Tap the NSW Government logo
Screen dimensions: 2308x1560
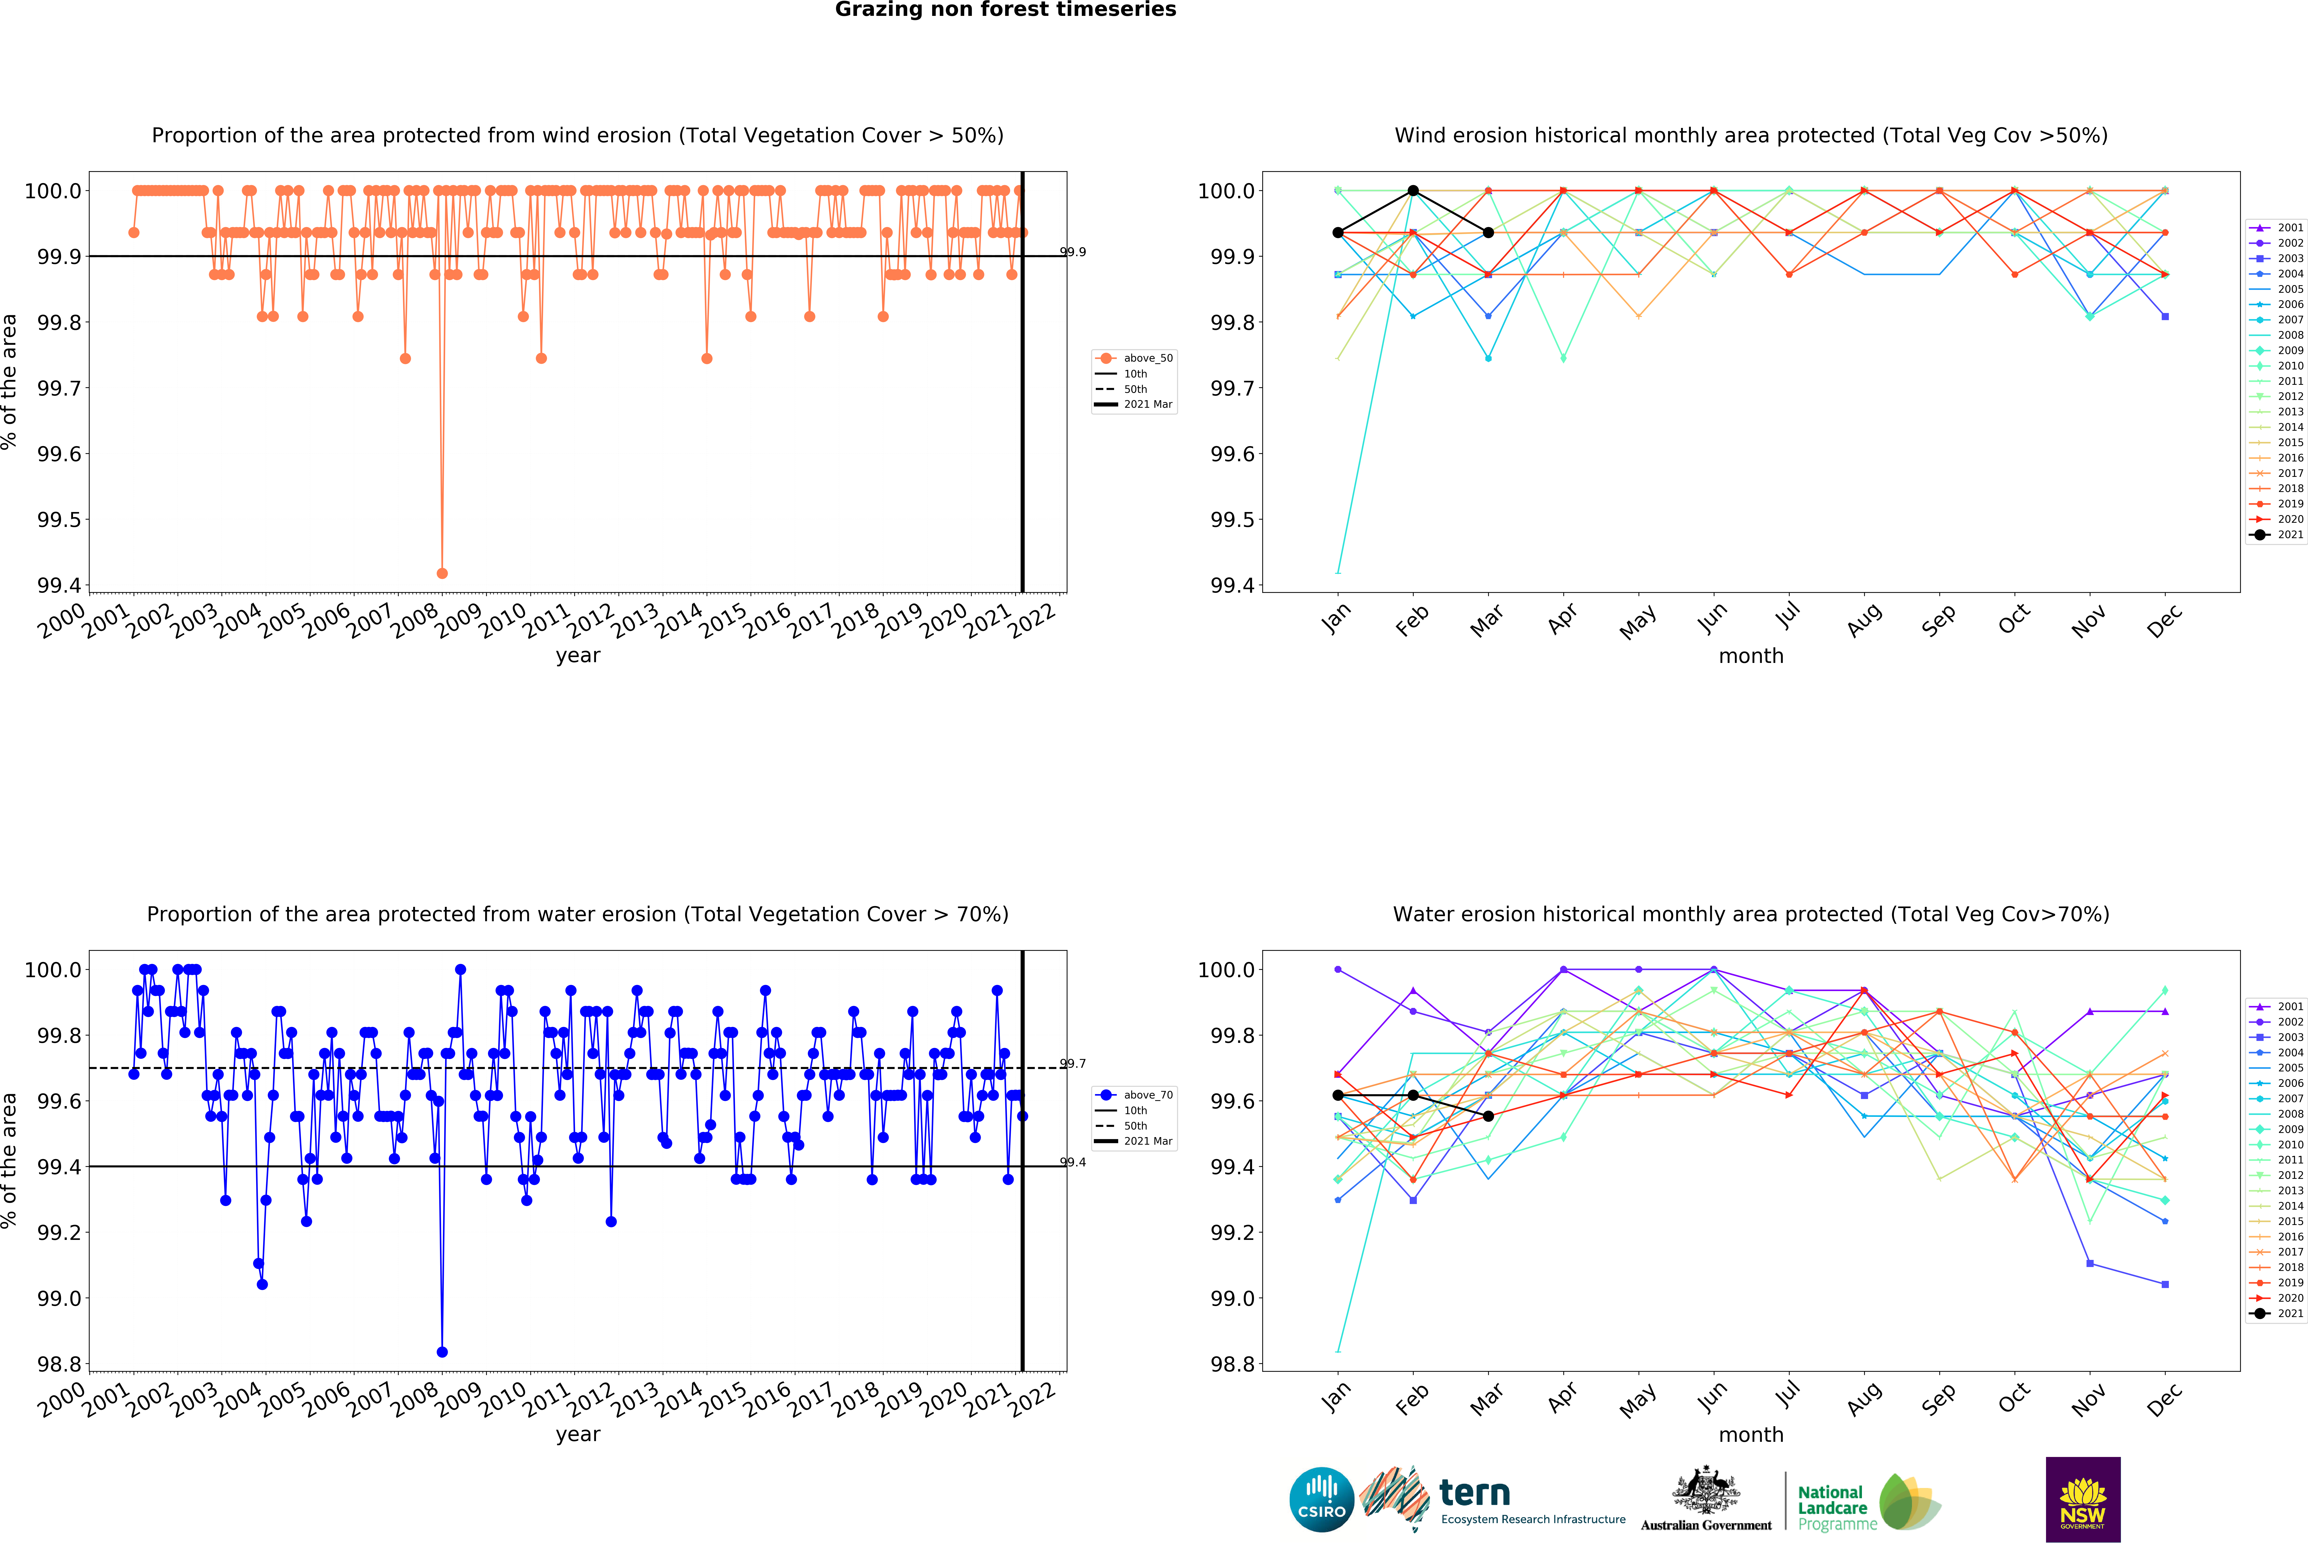coord(2083,1499)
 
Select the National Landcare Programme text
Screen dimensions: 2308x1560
coord(1837,1507)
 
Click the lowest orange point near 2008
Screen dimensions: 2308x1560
coord(442,573)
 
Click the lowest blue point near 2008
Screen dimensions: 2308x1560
coord(442,1351)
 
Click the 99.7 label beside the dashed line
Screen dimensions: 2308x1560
coord(1073,1064)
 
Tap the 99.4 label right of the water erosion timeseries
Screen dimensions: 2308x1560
coord(1073,1162)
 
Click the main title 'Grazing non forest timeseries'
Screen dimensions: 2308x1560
coord(1005,10)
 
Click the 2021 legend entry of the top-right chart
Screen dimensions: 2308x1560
coord(2277,534)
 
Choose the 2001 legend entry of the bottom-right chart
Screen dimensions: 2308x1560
coord(2277,1006)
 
